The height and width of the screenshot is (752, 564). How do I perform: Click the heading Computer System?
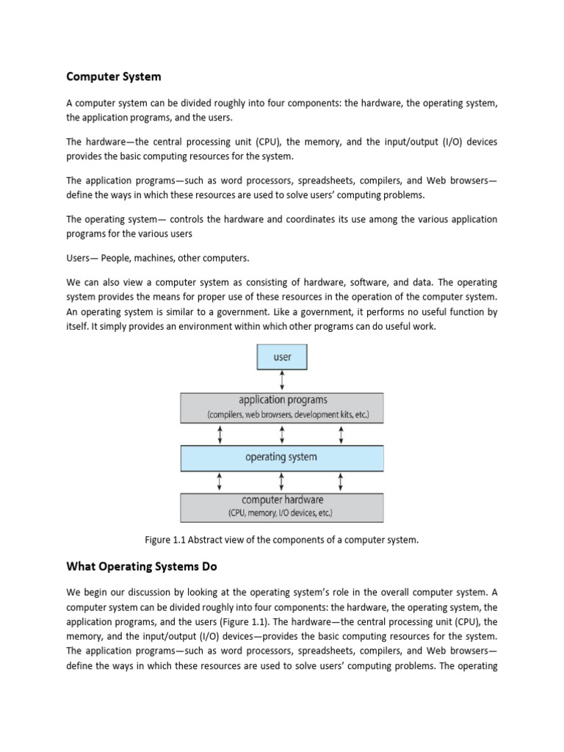pyautogui.click(x=114, y=76)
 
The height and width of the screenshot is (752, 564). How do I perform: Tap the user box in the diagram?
pyautogui.click(x=282, y=357)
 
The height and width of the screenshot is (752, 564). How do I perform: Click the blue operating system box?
pyautogui.click(x=282, y=457)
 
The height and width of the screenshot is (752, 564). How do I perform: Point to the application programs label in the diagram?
pyautogui.click(x=283, y=400)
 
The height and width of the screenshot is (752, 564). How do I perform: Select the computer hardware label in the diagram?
pyautogui.click(x=282, y=500)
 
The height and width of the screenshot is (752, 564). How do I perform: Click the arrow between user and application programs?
pyautogui.click(x=282, y=380)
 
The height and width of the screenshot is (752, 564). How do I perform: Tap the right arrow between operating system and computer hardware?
pyautogui.click(x=341, y=482)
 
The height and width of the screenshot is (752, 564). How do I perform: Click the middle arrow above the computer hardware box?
pyautogui.click(x=282, y=482)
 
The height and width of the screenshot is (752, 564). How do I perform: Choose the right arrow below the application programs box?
pyautogui.click(x=341, y=435)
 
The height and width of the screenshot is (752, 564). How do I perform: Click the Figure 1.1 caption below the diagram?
pyautogui.click(x=282, y=540)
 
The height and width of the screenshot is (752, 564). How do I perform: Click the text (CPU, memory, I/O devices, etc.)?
pyautogui.click(x=282, y=512)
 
